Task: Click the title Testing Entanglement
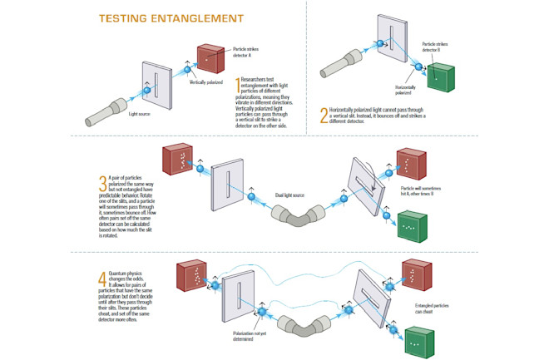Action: tap(171, 17)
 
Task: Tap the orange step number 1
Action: tap(238, 86)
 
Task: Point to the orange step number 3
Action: tap(103, 183)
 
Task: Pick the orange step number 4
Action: tap(103, 278)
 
